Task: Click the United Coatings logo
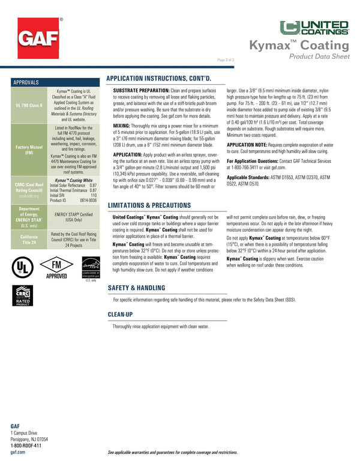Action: (315, 26)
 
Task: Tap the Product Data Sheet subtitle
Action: (319, 56)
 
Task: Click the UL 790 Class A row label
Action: (28, 104)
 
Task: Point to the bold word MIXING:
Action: (122, 126)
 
